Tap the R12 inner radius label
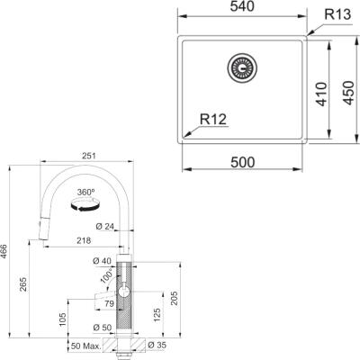(x=212, y=118)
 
